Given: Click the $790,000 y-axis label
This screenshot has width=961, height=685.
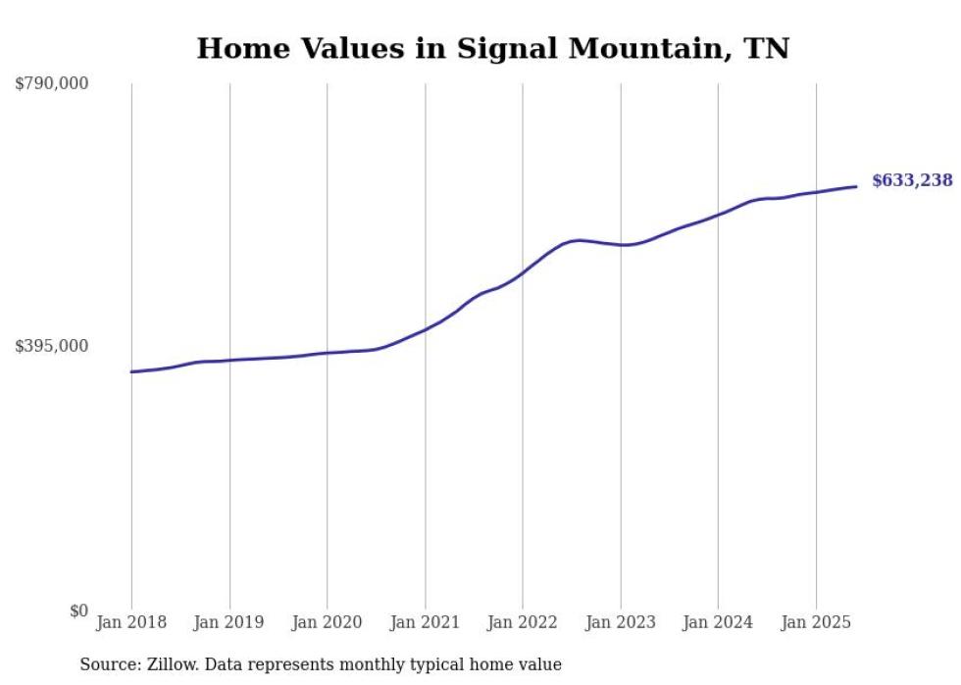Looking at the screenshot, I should [52, 84].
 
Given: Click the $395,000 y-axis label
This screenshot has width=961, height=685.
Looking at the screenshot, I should [52, 346].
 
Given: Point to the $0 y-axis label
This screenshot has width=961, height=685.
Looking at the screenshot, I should [78, 611].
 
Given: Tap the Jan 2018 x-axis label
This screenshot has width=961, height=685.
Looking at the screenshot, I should [131, 622].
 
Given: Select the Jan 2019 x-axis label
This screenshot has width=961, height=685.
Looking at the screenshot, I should [229, 622].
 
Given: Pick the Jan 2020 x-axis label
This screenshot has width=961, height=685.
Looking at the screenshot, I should [327, 622].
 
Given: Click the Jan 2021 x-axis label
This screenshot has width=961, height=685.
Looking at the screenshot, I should [425, 622].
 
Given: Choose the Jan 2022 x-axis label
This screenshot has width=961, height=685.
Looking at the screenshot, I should [522, 622].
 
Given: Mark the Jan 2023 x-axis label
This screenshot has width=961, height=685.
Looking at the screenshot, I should [620, 622].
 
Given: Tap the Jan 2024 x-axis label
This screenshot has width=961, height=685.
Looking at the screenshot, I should [718, 622].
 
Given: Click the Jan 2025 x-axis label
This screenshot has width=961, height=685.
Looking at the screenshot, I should [815, 622].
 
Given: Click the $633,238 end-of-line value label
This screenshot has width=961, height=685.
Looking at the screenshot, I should [912, 180].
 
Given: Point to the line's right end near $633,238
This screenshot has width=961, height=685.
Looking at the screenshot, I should [857, 186].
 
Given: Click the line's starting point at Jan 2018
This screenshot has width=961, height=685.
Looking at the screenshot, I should [131, 371].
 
